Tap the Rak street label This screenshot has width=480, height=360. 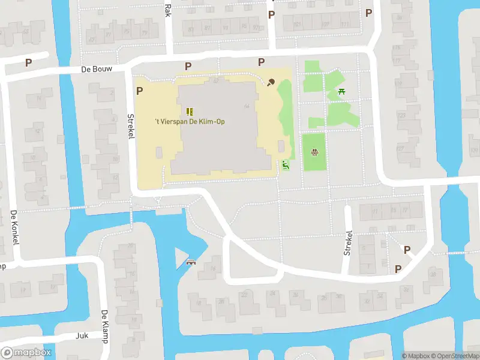(x=167, y=8)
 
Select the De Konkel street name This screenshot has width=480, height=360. (x=15, y=227)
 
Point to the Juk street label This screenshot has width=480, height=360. (x=82, y=336)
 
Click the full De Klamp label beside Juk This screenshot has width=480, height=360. (x=104, y=326)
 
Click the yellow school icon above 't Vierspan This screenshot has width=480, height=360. (x=190, y=111)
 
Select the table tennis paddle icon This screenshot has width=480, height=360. (x=271, y=82)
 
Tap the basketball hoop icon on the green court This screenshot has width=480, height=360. (x=314, y=152)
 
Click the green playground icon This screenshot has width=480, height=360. (x=285, y=166)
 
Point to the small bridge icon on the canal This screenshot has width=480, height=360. (x=192, y=262)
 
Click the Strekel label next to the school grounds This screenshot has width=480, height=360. (x=130, y=127)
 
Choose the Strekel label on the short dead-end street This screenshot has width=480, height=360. (x=347, y=242)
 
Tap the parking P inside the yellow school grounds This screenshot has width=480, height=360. (x=140, y=91)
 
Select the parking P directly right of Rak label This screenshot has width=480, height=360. (x=271, y=14)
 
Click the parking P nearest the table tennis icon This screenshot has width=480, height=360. (x=261, y=62)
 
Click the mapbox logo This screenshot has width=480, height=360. (x=26, y=353)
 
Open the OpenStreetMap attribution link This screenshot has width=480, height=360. (x=454, y=356)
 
